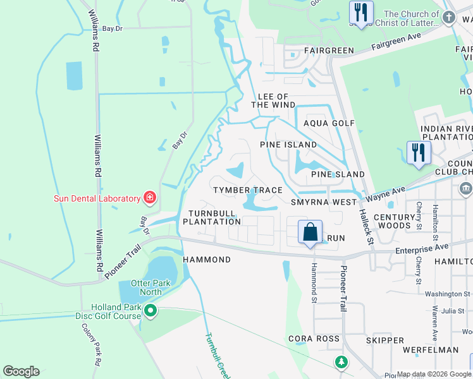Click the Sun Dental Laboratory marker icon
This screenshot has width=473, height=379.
click(x=150, y=198)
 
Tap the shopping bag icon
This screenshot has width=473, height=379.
click(x=310, y=232)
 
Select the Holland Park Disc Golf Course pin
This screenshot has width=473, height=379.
click(x=150, y=310)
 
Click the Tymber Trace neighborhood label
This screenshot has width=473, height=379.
click(x=247, y=190)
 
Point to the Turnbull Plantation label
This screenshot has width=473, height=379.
click(x=212, y=217)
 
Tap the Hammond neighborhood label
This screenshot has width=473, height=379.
click(x=207, y=260)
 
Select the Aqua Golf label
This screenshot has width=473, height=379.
click(x=329, y=123)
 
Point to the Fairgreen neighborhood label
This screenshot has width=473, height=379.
click(x=328, y=50)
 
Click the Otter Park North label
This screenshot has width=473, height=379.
click(x=150, y=287)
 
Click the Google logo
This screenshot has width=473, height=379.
click(x=21, y=371)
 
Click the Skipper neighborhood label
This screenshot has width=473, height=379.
click(x=384, y=340)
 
